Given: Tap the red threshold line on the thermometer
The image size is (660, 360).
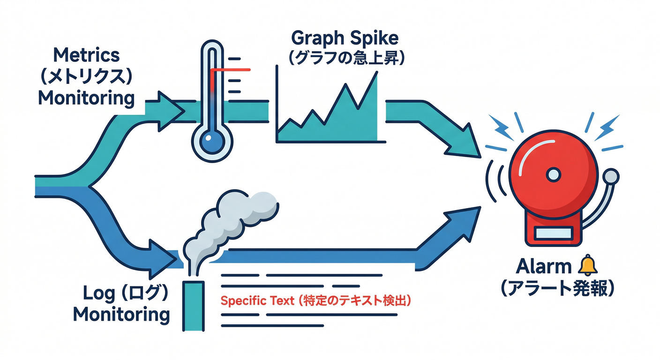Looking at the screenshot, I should pos(231,70).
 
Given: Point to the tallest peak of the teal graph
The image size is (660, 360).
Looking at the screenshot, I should pos(376,75).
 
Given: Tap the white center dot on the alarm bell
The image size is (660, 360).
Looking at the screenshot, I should pos(553,175).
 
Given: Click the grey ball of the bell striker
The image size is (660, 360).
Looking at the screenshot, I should pos(611,177).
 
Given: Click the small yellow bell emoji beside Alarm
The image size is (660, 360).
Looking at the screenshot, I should pos(588,266).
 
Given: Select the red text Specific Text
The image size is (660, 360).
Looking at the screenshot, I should pos(253,300).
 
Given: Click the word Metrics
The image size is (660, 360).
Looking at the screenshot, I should pos(87,55).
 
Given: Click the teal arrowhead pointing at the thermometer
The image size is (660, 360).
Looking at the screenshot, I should pos(169,112).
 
